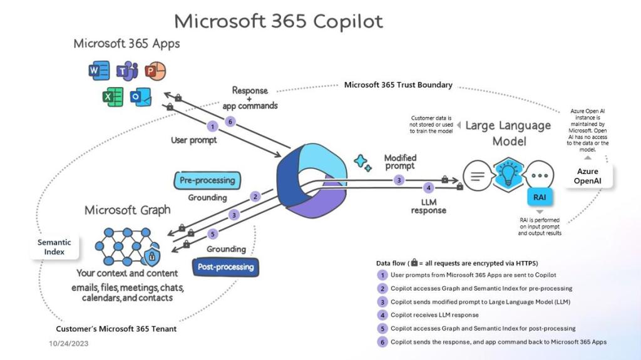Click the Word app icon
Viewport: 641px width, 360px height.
(x=99, y=71)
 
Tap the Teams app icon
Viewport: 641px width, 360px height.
(x=127, y=71)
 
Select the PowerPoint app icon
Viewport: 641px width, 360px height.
(x=154, y=71)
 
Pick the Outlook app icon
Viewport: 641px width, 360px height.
(x=140, y=98)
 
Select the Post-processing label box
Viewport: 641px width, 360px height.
(x=225, y=267)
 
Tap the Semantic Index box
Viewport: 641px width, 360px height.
(x=54, y=247)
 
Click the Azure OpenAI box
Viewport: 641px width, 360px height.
(x=587, y=176)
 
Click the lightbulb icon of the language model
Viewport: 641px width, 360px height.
(x=508, y=173)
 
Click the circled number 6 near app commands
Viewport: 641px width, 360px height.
(x=230, y=122)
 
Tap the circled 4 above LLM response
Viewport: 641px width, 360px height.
(x=428, y=187)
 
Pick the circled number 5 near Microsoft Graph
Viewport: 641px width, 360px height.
(x=212, y=235)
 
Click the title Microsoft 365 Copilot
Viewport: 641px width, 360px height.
(x=279, y=21)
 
